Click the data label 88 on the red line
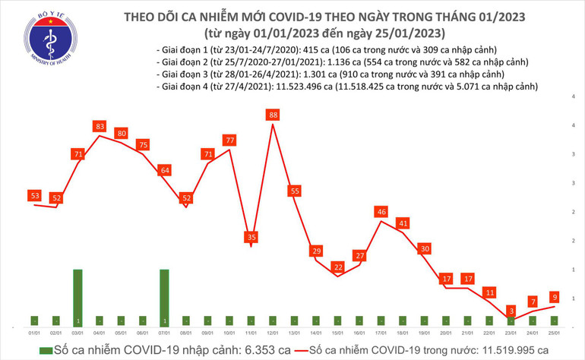point(273,115)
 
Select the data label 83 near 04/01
point(100,125)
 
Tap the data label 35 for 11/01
point(251,237)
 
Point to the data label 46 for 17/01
point(382,213)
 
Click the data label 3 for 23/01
point(512,311)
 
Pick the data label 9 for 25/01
point(555,296)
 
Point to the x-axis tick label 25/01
point(555,332)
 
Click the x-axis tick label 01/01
point(34,332)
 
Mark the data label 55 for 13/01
point(295,191)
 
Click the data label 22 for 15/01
point(338,267)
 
